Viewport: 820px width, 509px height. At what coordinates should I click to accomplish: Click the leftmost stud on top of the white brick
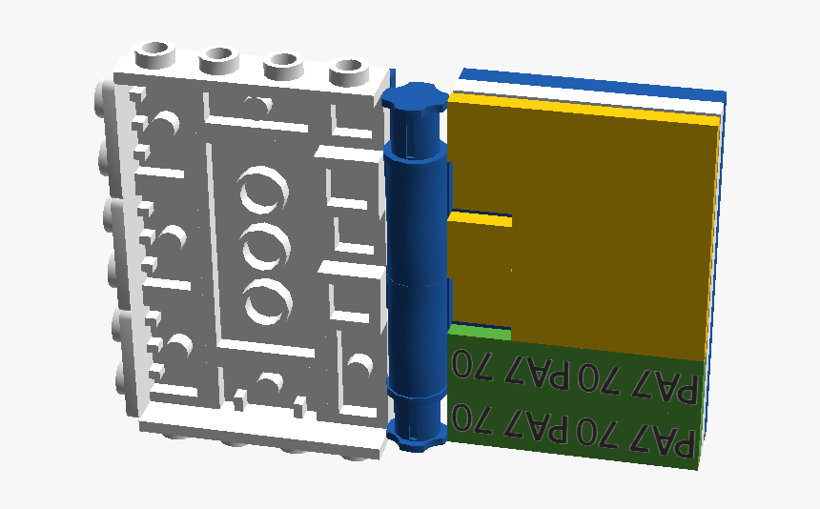pos(154,54)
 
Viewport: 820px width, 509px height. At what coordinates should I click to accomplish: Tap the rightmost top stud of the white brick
pos(349,71)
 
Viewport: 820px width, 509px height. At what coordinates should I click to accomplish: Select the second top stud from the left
pos(219,60)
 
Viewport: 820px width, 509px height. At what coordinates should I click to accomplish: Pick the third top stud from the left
pos(284,66)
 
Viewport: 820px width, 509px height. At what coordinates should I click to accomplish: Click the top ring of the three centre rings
pos(264,190)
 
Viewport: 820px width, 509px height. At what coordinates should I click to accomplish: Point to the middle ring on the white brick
pos(267,246)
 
